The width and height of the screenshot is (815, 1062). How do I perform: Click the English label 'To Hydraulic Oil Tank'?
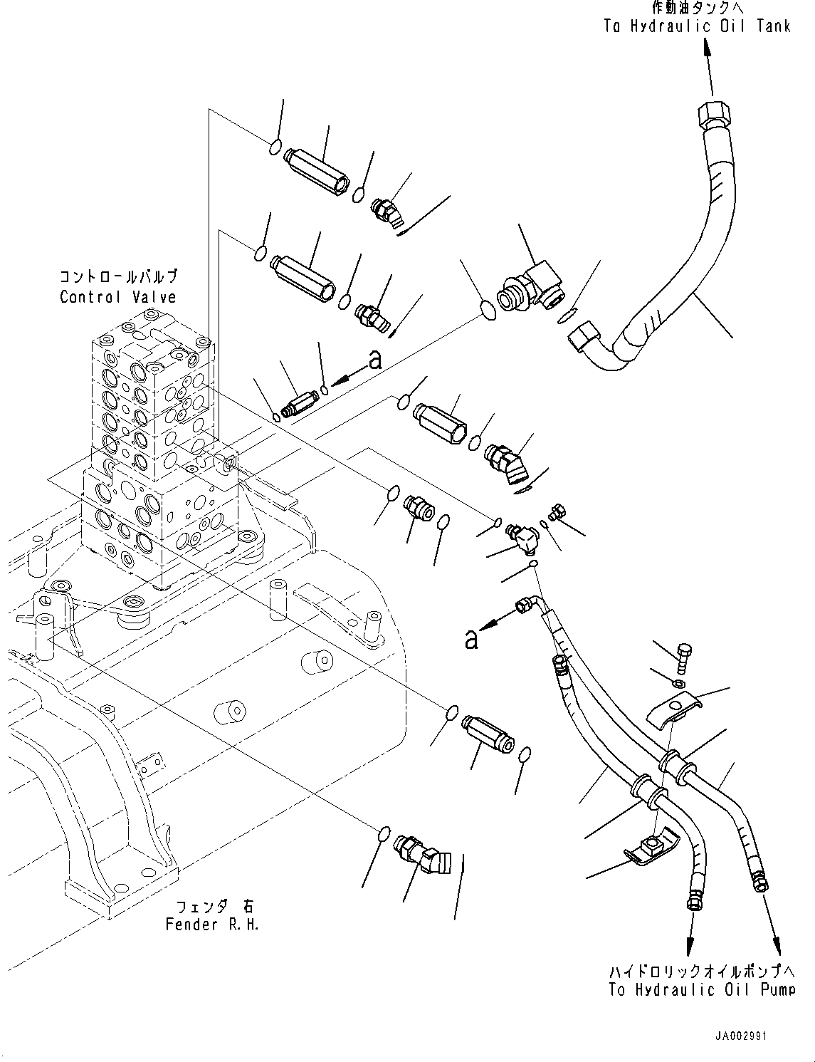(x=697, y=26)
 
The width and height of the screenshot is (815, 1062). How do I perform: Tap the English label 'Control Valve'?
(x=117, y=297)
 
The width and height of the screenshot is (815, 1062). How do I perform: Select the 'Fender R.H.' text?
(x=212, y=925)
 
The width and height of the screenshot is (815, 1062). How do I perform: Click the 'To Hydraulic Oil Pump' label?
(x=702, y=989)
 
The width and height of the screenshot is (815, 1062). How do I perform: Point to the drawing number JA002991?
(x=742, y=1036)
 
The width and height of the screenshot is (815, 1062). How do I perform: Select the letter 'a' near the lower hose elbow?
(x=471, y=639)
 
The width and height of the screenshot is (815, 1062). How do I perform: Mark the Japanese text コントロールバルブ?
(x=117, y=276)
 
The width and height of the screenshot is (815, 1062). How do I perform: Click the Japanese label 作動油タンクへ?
(x=696, y=9)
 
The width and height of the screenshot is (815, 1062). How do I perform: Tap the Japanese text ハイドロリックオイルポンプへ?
(x=702, y=971)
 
